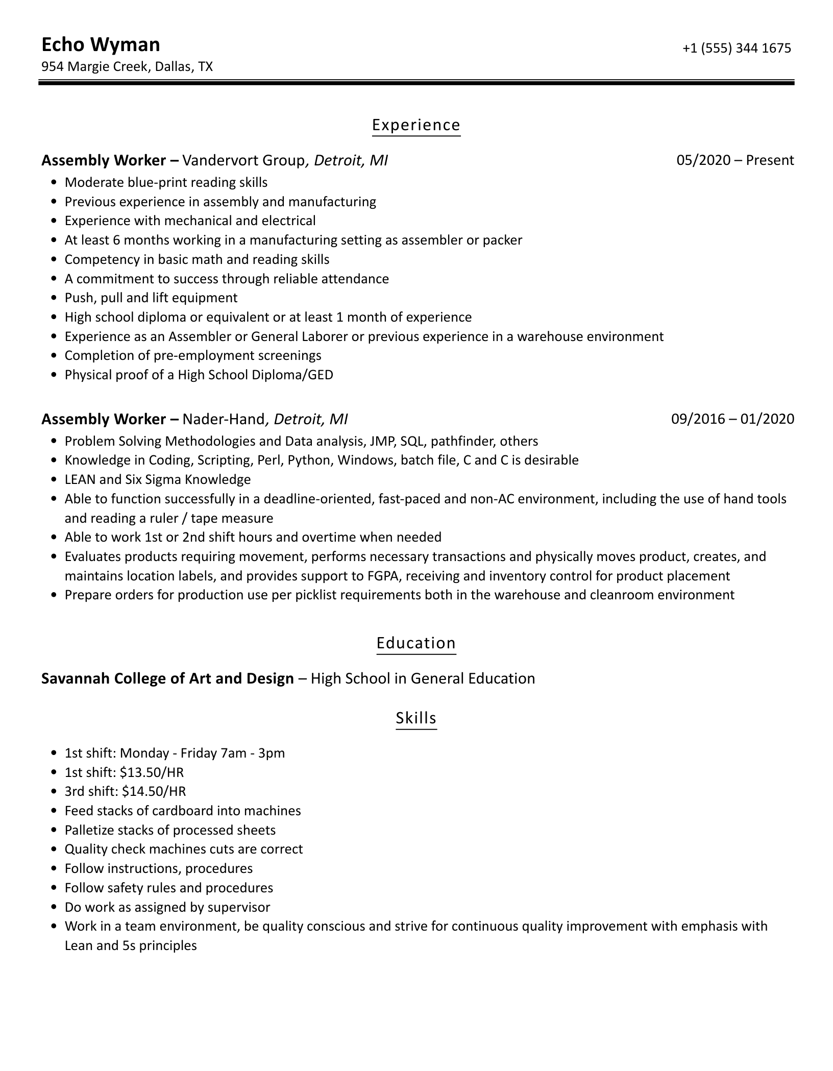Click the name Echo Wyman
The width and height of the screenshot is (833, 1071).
pos(101,45)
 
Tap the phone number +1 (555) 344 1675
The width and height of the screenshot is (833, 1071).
pos(737,48)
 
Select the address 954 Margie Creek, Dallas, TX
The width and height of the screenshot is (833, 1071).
pos(127,67)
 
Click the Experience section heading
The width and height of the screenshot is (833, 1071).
pos(416,125)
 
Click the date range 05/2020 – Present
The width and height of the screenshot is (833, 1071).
pos(735,160)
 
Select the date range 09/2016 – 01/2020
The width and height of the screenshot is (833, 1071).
pos(732,419)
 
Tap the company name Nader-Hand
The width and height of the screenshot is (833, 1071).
pos(224,419)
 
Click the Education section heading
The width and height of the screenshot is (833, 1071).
pos(416,643)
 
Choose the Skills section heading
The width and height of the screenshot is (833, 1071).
pos(416,718)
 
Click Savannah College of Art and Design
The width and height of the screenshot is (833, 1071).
pos(167,678)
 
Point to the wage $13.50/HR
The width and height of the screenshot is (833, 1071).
pos(152,772)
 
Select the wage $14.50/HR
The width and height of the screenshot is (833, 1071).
pos(154,792)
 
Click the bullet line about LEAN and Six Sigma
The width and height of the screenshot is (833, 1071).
pos(158,480)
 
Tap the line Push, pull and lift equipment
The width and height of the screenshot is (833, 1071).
pos(151,298)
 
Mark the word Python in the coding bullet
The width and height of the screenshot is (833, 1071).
pos(309,460)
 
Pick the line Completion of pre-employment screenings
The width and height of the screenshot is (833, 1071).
pos(193,356)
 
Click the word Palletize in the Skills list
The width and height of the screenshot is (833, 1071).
pos(89,831)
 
